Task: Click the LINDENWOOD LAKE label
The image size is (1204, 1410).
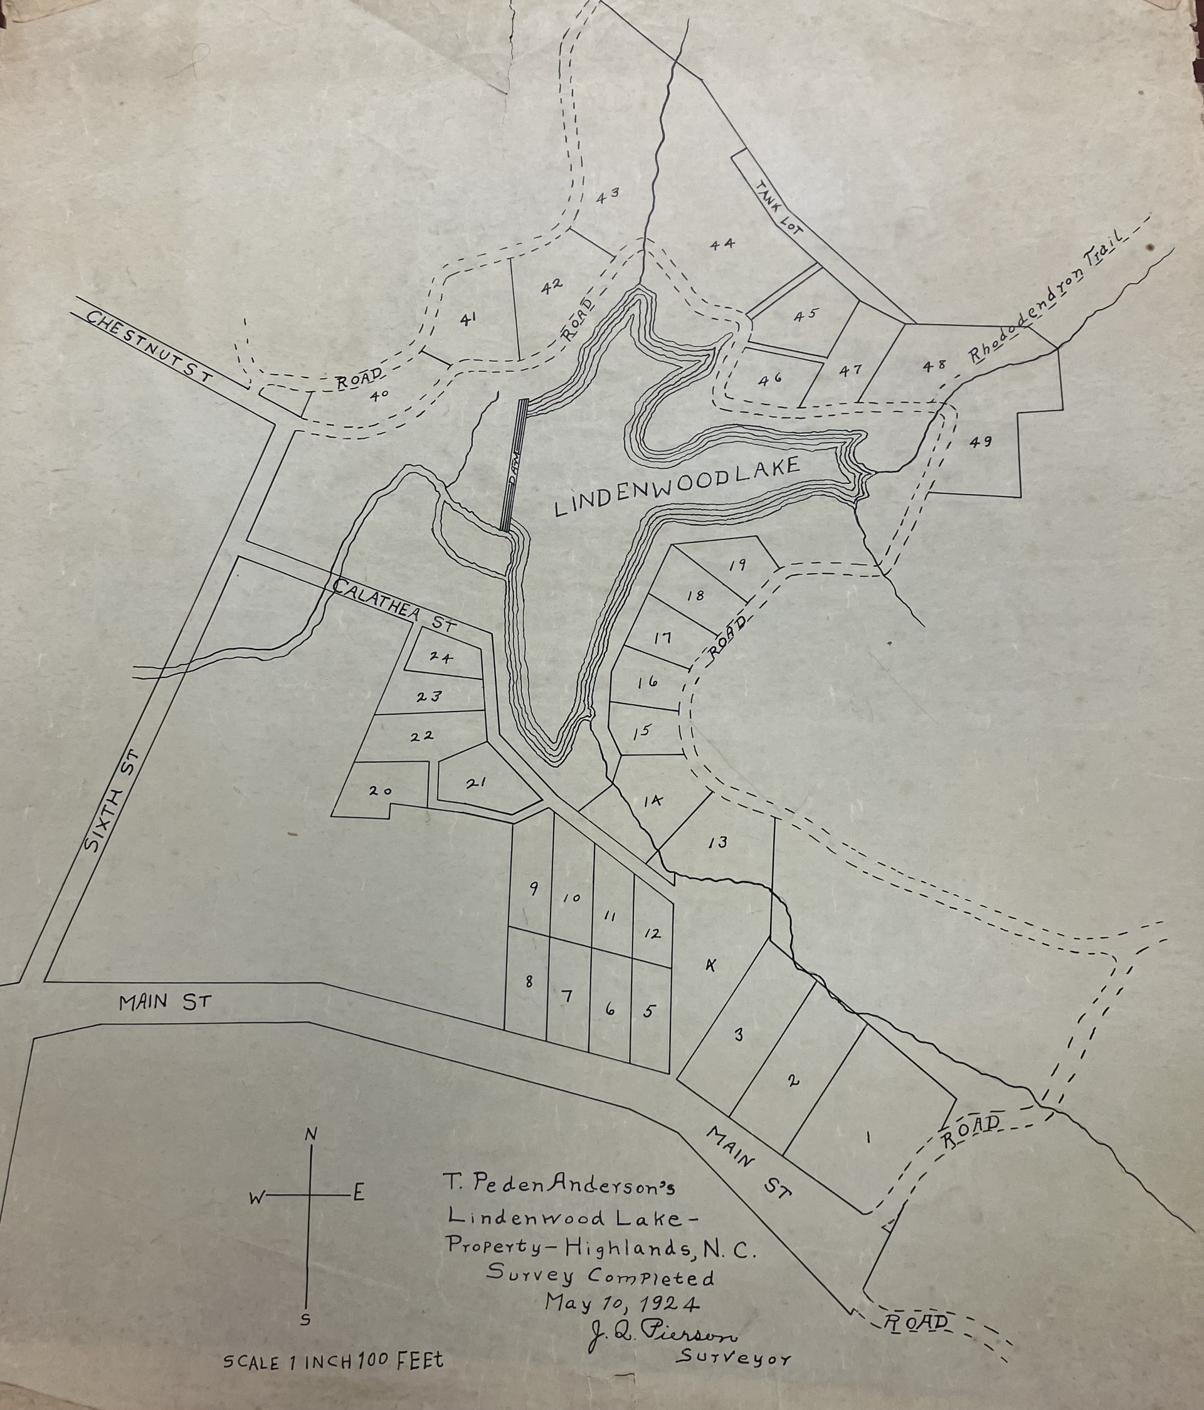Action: click(677, 487)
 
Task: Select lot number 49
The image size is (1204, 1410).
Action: click(981, 441)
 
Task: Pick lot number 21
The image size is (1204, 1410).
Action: click(475, 782)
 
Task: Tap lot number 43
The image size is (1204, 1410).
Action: click(607, 196)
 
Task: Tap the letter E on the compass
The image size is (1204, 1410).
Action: click(359, 1193)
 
